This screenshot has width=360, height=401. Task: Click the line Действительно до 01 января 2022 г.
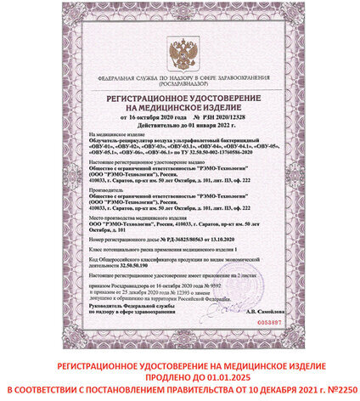pyautogui.click(x=179, y=126)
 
